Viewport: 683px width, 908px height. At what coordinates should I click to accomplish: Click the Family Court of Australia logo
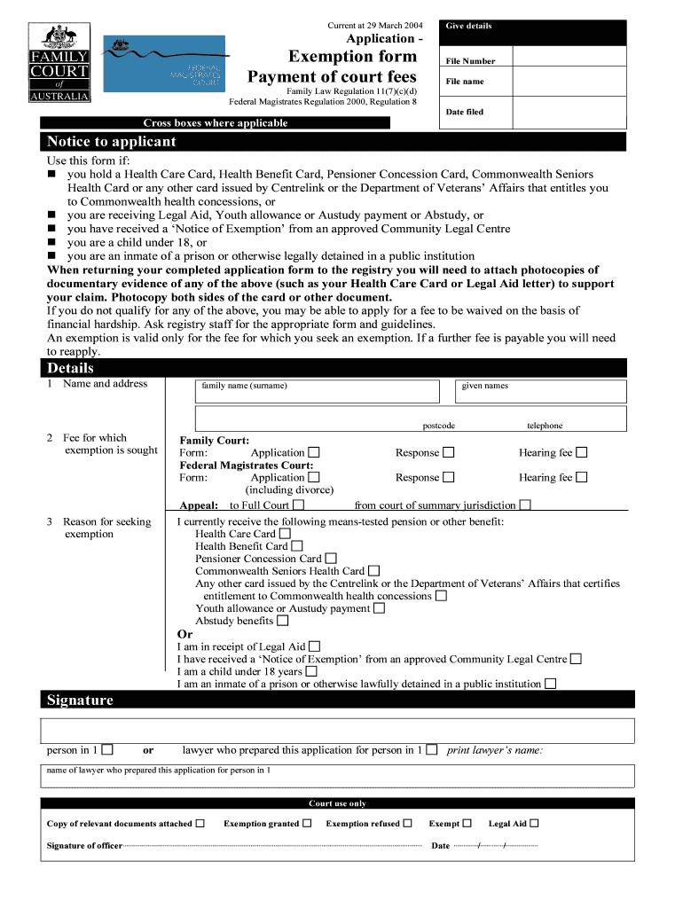(x=61, y=63)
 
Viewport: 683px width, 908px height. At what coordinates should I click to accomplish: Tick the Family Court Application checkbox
(x=314, y=453)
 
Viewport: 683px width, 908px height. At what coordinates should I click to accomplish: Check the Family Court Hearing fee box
(x=582, y=453)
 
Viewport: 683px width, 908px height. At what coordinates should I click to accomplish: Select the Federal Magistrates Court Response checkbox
(x=449, y=478)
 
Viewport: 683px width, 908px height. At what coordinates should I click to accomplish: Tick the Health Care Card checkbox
(x=285, y=534)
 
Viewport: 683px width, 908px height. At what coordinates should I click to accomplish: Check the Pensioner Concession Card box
(x=331, y=559)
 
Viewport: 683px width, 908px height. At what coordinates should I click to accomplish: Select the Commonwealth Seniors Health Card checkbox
(x=374, y=571)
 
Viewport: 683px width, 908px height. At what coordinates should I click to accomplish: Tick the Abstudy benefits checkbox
(x=283, y=621)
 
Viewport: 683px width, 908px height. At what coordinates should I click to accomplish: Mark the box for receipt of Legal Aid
(x=315, y=647)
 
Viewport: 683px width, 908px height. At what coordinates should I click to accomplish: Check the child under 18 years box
(x=311, y=671)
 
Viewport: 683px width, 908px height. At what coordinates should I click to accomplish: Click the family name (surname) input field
(x=318, y=392)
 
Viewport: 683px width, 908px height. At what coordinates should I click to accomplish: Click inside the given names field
(x=541, y=392)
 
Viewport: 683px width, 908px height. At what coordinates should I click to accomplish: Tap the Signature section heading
(x=81, y=701)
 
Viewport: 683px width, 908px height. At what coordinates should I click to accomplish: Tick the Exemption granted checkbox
(x=307, y=823)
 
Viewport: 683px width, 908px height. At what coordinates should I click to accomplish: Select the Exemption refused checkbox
(x=408, y=823)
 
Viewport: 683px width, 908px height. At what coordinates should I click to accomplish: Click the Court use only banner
(x=337, y=803)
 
